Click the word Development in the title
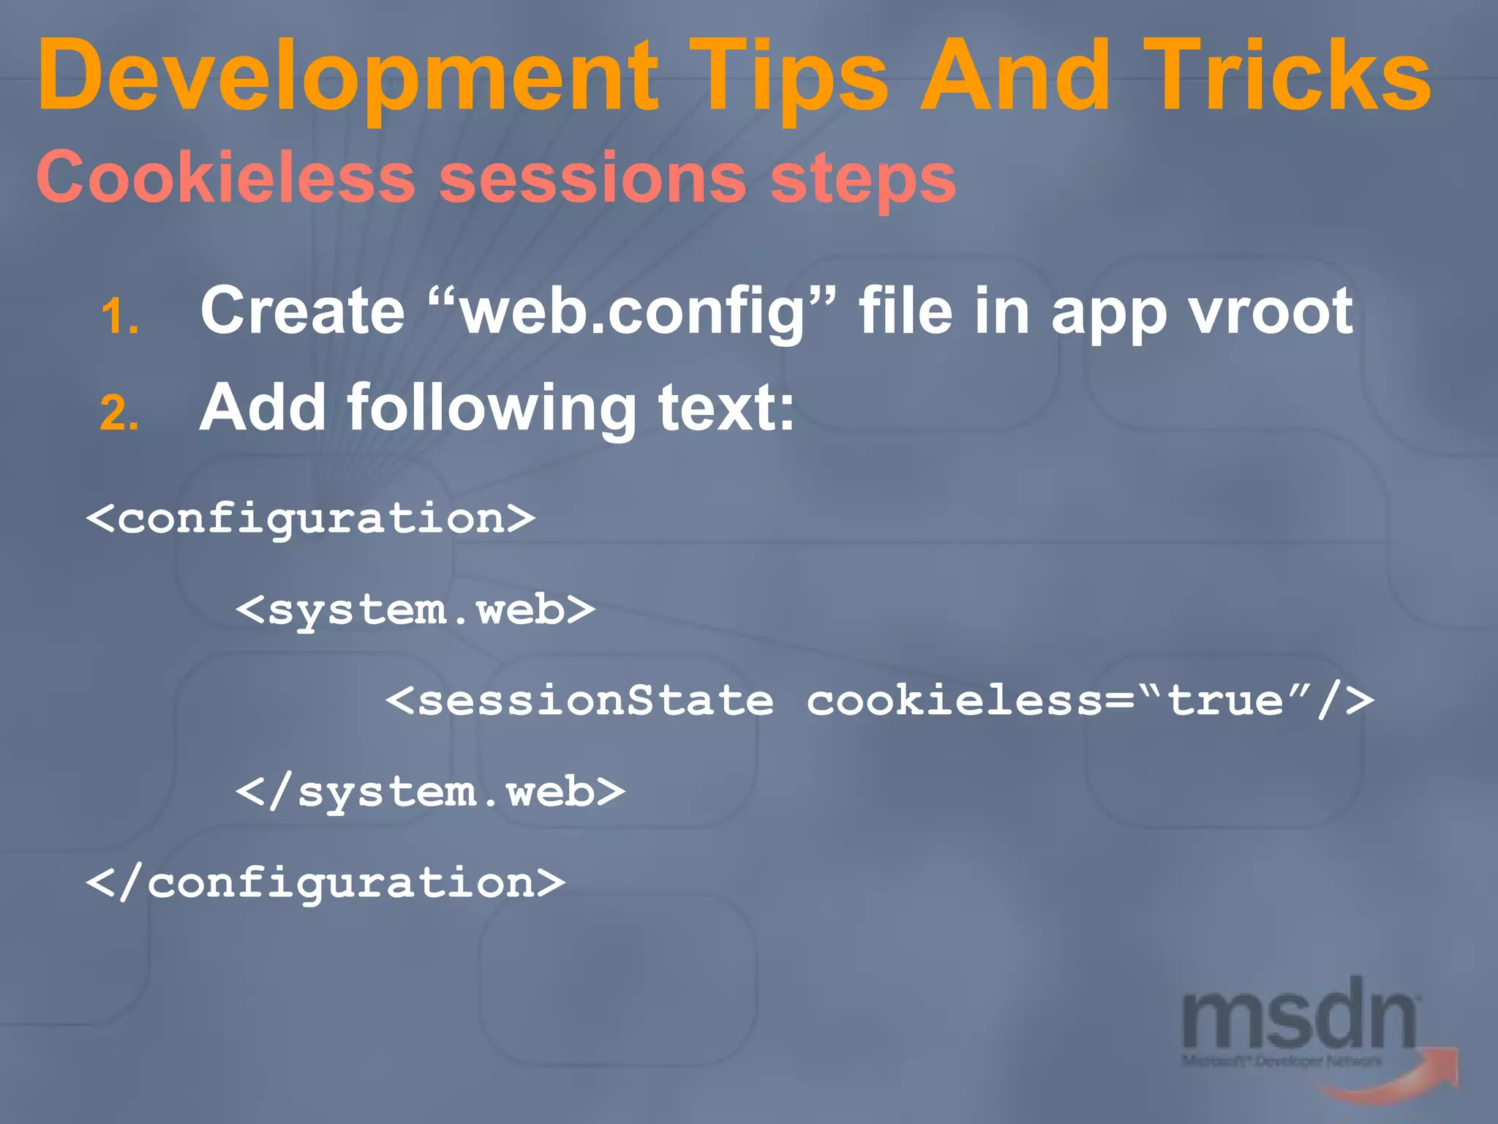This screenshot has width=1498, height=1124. point(348,77)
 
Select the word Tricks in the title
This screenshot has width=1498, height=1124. point(1287,77)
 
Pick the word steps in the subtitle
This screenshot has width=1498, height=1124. point(863,179)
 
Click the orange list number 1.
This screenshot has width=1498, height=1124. point(119,318)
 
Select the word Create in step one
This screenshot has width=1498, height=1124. point(302,311)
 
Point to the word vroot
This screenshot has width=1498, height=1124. point(1271,311)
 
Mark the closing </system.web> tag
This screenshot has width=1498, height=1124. point(430,793)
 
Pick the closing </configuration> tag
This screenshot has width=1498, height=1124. point(325,883)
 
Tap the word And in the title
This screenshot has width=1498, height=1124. point(1015,77)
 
